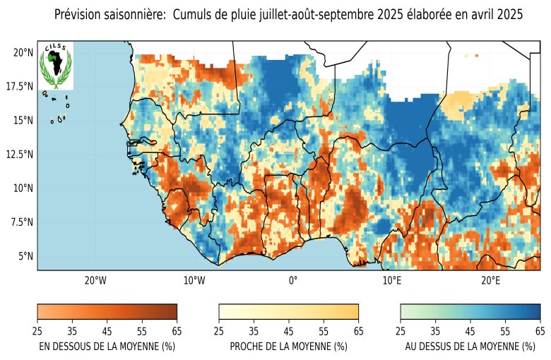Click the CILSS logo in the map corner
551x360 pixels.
(55, 66)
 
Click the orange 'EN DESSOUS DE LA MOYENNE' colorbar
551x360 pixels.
(107, 312)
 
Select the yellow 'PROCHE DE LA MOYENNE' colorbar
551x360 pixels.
(288, 312)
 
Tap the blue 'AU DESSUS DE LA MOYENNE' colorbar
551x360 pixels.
(470, 312)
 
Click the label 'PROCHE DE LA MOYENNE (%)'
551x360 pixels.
(288, 346)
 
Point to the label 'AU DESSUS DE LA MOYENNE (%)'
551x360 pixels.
(470, 346)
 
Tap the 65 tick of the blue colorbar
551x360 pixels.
(540, 330)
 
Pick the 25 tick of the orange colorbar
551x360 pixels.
(37, 330)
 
